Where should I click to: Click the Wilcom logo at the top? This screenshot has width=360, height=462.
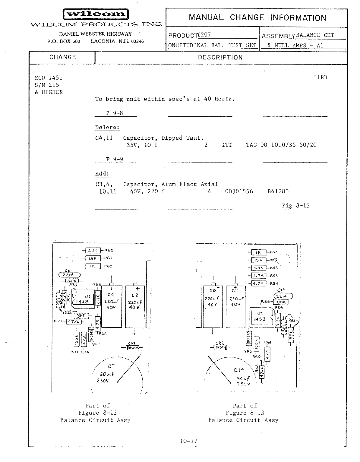(95, 14)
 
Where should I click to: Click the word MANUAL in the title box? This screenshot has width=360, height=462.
(206, 17)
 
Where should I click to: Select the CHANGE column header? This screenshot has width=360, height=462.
(63, 57)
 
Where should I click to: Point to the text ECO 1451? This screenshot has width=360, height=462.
(49, 78)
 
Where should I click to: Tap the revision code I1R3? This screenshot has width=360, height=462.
(320, 77)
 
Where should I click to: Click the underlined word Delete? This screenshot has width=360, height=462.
(107, 128)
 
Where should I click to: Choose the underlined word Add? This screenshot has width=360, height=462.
(102, 174)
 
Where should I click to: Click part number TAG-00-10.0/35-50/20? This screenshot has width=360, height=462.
(281, 145)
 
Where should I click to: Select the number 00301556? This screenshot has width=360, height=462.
(239, 192)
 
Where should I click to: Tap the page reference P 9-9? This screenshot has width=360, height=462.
(115, 159)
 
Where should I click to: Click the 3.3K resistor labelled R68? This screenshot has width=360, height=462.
(93, 250)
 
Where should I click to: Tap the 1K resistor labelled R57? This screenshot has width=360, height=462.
(258, 253)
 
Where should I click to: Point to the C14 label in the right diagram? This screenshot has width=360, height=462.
(239, 370)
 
